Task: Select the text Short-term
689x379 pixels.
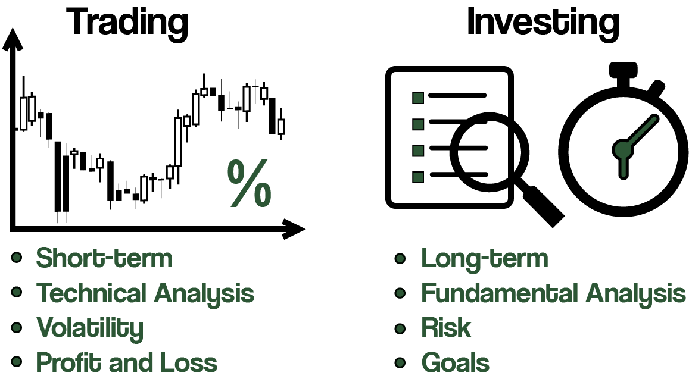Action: [104, 258]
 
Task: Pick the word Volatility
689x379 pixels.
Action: [90, 328]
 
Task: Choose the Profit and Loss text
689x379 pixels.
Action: [127, 362]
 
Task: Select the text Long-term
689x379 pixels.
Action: [485, 259]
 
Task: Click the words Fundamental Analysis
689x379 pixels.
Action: [553, 293]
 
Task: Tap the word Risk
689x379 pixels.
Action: [445, 328]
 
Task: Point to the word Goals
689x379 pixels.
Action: [455, 362]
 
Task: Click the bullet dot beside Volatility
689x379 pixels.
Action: [17, 328]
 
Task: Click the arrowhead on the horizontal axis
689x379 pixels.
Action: [293, 229]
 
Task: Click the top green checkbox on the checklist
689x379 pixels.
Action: [418, 98]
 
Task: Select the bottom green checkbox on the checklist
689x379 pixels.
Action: [418, 177]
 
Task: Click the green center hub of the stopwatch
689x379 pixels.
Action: [623, 149]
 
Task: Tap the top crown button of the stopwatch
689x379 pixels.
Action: [623, 69]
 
